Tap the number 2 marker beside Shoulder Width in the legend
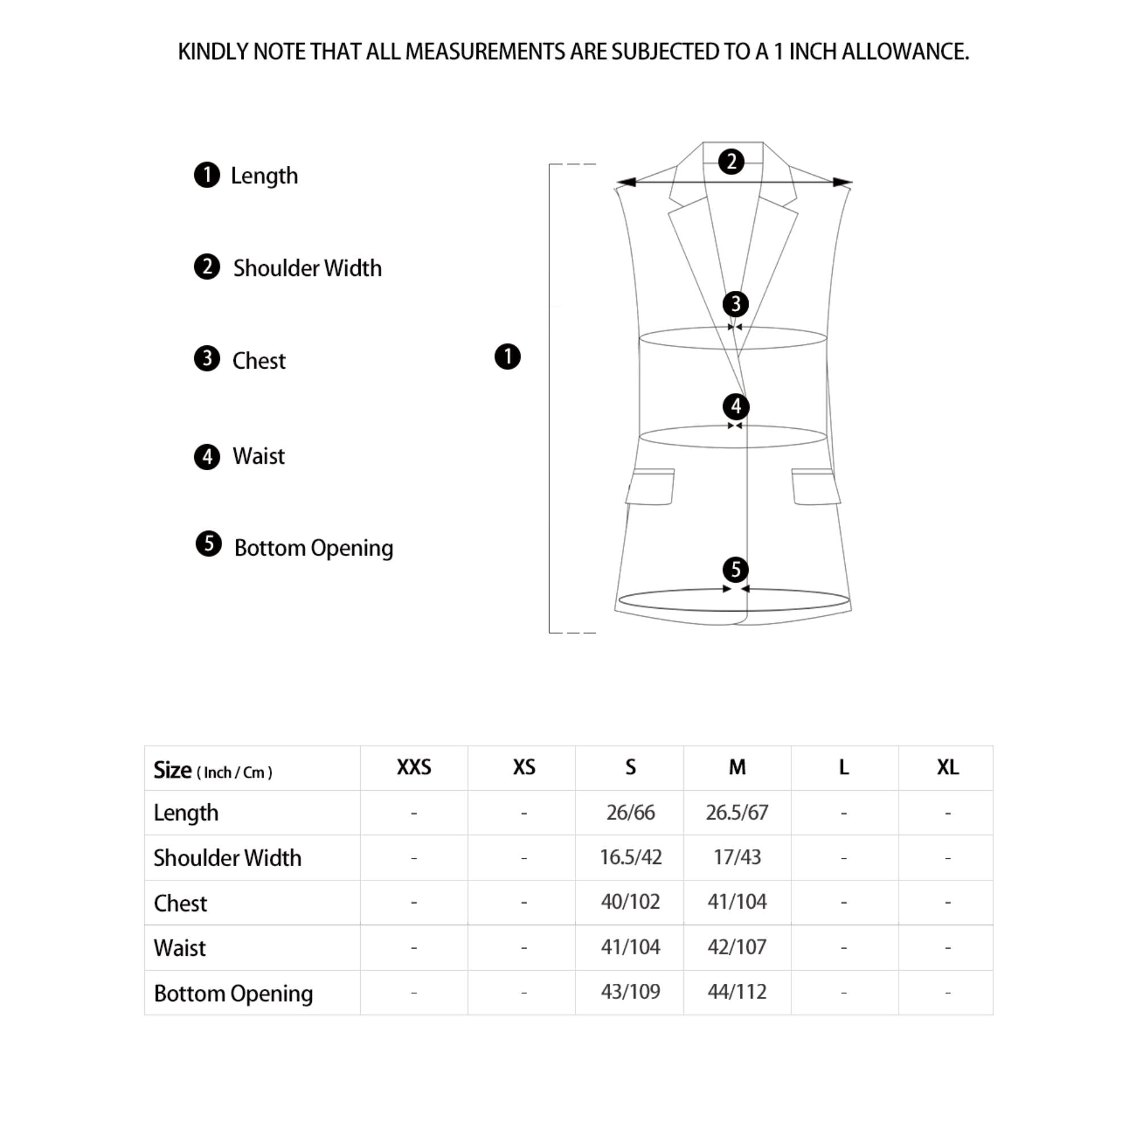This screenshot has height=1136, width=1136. [207, 267]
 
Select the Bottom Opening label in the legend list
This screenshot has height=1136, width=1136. [314, 548]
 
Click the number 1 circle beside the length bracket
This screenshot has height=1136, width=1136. [507, 357]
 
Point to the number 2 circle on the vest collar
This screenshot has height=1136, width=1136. [732, 162]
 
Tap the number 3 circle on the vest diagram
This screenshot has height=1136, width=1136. [736, 304]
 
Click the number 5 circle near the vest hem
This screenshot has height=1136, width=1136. [736, 569]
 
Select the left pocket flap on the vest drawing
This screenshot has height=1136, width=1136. [650, 487]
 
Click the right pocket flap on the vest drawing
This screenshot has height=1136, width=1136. [816, 487]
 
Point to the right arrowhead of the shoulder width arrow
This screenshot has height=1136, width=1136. [842, 182]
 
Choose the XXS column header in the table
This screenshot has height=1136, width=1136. [414, 767]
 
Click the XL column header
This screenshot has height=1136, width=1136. [948, 767]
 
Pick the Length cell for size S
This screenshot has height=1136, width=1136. [630, 813]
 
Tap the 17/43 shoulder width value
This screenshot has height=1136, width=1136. [737, 857]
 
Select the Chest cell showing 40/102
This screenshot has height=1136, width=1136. [630, 902]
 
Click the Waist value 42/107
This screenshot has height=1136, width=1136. [737, 947]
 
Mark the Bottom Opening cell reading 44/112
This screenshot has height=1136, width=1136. [737, 992]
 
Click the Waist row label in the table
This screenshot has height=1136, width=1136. [180, 948]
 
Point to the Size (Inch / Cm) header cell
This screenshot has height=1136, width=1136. [213, 770]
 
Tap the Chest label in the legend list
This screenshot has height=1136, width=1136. [258, 361]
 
